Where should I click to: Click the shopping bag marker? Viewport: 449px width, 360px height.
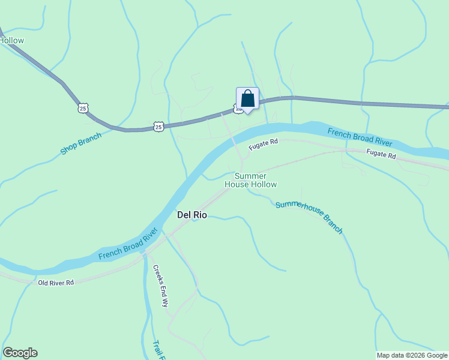(247, 98)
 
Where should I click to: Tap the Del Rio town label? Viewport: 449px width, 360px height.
(191, 214)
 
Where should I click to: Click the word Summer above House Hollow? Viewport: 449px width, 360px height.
(250, 176)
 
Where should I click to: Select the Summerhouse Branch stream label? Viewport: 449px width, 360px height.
(309, 217)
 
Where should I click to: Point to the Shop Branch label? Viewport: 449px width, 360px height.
(81, 143)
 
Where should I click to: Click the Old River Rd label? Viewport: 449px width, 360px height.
(55, 282)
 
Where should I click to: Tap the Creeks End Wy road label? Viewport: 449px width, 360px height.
(160, 286)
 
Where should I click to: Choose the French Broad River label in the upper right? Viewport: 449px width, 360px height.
(360, 137)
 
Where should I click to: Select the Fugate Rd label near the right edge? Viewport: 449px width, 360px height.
(382, 155)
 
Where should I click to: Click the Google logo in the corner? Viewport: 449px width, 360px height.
(20, 353)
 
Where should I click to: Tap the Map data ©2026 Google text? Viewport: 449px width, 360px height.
(412, 355)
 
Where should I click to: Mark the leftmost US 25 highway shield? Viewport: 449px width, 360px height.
(83, 107)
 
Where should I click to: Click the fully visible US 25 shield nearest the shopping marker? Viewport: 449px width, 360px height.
(158, 126)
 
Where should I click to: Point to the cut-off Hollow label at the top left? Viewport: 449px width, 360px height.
(12, 40)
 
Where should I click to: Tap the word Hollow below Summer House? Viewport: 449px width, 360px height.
(264, 184)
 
